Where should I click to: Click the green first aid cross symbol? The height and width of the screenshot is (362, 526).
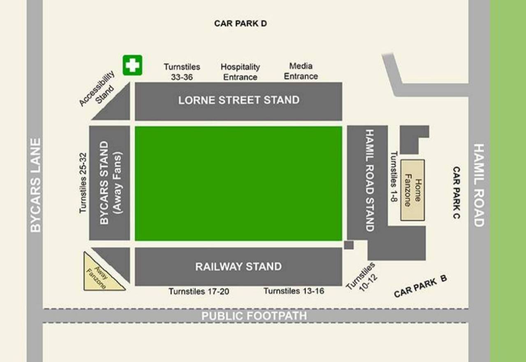(x=132, y=65)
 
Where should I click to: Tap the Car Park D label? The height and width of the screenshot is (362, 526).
(x=240, y=23)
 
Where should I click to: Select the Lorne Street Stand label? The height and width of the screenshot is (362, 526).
(x=239, y=100)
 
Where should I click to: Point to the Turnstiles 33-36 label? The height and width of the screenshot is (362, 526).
(x=182, y=72)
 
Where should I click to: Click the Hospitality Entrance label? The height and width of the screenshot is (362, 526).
(x=240, y=72)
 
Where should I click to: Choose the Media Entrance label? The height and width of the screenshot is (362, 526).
(x=301, y=71)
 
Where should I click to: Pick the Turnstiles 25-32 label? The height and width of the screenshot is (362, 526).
(x=83, y=183)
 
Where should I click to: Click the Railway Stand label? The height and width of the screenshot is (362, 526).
(x=239, y=267)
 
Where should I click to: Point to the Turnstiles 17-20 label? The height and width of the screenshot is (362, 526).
(x=199, y=291)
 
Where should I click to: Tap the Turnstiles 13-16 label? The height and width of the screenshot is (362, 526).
(x=294, y=291)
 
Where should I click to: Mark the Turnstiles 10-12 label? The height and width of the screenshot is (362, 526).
(x=361, y=276)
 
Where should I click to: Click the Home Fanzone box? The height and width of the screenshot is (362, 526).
(x=412, y=190)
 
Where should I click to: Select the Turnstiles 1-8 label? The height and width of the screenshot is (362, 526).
(x=394, y=177)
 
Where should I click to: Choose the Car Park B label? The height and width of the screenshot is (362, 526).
(x=420, y=285)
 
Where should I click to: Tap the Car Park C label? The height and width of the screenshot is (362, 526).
(x=456, y=193)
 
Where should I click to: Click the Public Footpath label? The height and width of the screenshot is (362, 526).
(x=254, y=316)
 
